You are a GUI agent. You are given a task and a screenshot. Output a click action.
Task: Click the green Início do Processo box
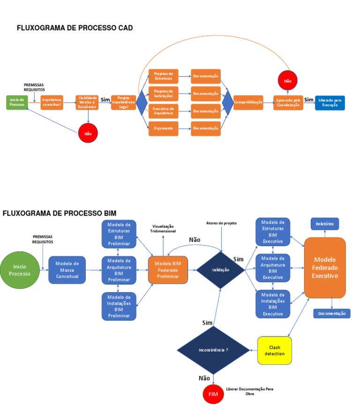17,102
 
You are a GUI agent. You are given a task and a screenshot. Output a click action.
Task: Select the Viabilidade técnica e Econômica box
87,102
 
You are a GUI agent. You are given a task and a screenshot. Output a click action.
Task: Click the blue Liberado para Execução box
330,102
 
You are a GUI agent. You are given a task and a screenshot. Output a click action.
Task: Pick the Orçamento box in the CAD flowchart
163,128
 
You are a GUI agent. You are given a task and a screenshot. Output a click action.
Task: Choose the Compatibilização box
248,102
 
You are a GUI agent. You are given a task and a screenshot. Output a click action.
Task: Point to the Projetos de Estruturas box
163,76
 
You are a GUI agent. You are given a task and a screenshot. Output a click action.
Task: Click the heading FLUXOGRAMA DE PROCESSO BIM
60,213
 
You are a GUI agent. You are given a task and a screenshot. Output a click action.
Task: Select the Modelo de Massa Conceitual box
67,270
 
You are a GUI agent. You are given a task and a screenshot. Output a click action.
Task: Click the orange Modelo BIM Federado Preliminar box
168,270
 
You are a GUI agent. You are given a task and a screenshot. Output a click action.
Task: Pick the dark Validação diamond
220,270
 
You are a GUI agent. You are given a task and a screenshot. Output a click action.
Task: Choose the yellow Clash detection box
275,350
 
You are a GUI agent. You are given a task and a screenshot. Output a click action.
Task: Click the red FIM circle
213,394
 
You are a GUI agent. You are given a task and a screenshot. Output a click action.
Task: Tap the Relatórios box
325,224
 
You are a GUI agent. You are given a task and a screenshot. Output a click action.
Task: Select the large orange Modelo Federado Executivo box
325,267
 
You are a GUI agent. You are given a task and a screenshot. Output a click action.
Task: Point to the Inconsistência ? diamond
214,350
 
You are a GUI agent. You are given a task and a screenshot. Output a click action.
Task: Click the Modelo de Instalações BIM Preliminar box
119,306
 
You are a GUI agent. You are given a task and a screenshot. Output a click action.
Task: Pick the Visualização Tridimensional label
163,229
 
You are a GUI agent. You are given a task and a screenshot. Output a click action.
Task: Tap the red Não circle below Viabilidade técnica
88,133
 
